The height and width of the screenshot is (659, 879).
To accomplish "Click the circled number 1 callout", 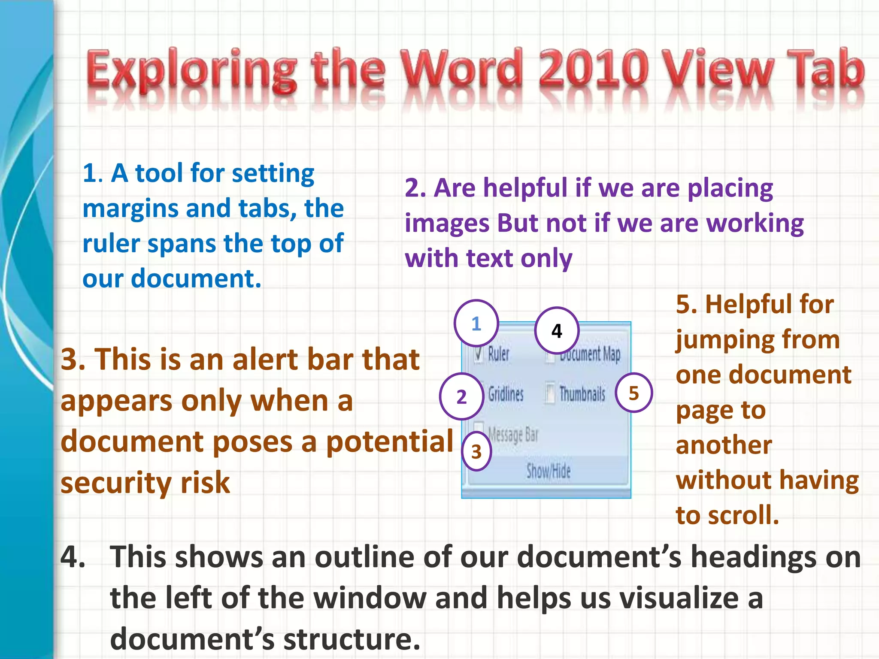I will (x=476, y=323).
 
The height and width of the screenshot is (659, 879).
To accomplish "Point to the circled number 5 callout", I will (x=633, y=393).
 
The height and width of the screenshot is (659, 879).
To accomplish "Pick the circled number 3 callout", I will (x=476, y=451).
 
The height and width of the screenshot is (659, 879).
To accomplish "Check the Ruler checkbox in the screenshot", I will (x=478, y=354).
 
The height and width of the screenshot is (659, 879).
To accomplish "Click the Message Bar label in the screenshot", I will (x=513, y=434).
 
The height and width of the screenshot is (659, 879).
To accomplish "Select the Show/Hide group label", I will (x=548, y=471).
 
